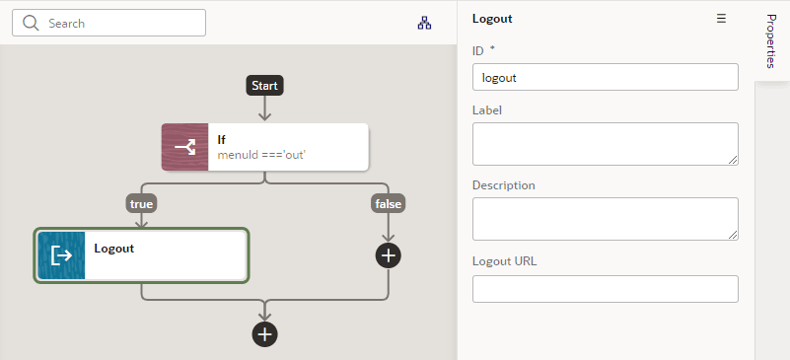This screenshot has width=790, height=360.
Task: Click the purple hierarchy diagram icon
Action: [x=424, y=23]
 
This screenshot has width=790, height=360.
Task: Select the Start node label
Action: [x=264, y=86]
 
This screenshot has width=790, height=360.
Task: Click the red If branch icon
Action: [x=185, y=147]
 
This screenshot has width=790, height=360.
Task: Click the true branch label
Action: [x=141, y=203]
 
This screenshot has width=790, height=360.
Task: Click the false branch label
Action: [x=389, y=203]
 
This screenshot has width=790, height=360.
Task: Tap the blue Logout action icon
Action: [x=61, y=256]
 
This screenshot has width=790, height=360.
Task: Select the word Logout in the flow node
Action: [x=114, y=249]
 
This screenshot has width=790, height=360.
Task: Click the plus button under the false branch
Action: [x=389, y=254]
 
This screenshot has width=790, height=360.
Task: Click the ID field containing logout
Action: [x=606, y=77]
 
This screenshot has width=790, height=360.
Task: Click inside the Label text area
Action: [x=606, y=143]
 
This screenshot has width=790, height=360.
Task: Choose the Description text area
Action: [x=606, y=218]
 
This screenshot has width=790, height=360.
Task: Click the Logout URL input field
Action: [x=606, y=289]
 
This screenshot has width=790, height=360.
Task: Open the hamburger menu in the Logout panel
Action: [x=721, y=19]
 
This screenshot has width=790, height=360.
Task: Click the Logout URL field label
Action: [x=505, y=261]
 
